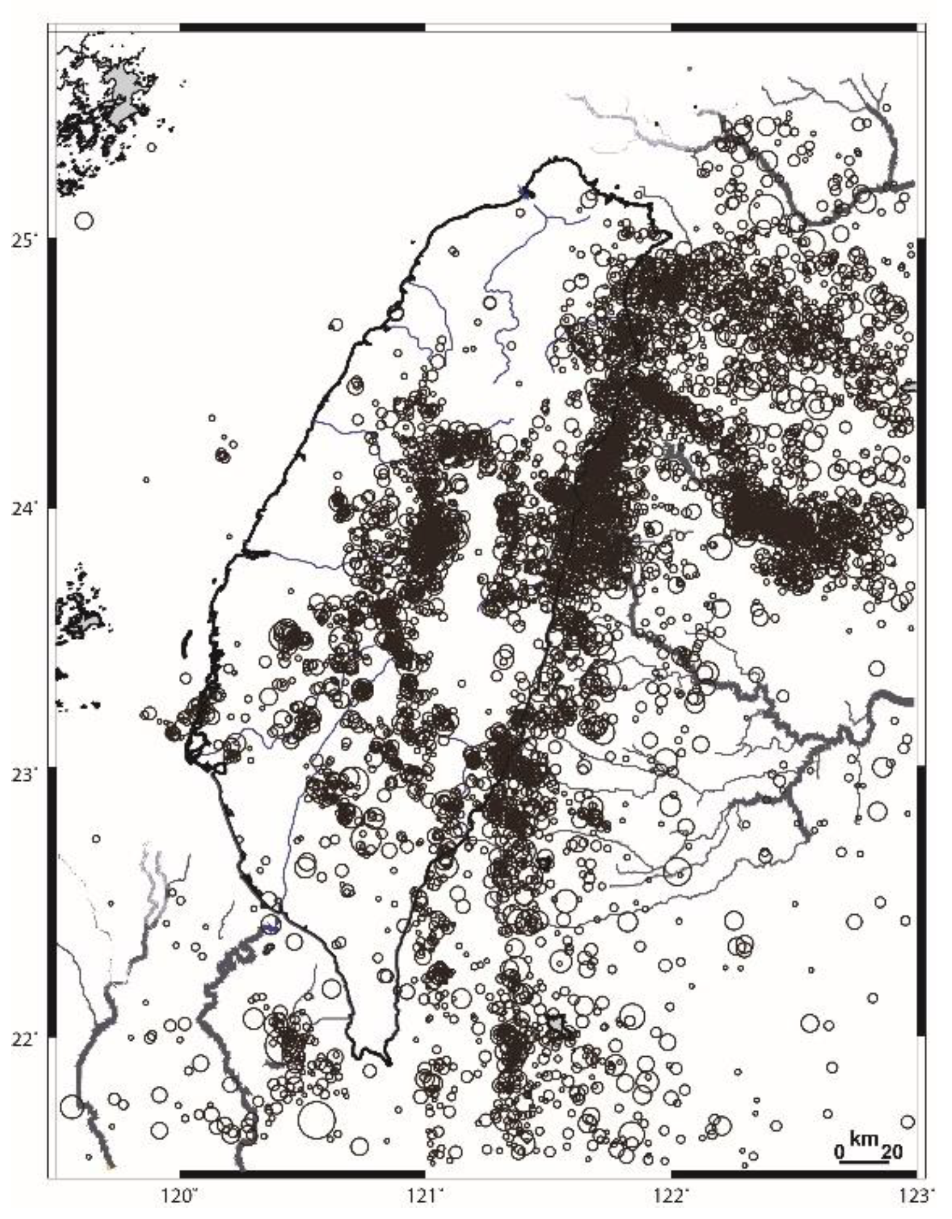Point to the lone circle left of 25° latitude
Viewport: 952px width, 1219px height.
tap(84, 221)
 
